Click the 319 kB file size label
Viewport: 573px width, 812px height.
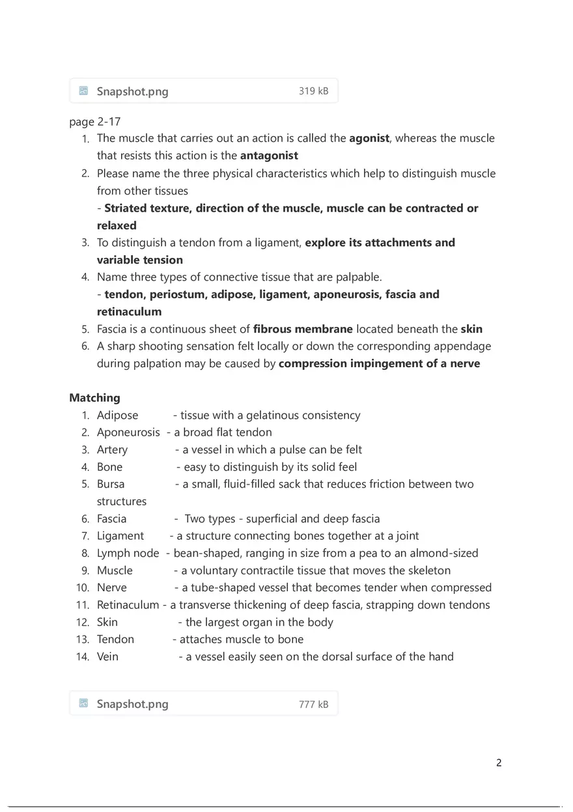tap(313, 91)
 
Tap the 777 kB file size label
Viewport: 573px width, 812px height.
tap(313, 704)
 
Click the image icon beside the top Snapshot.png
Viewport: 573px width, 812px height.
tap(83, 91)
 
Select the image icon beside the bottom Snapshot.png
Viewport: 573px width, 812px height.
tap(83, 703)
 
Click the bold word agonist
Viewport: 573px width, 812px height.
tap(369, 138)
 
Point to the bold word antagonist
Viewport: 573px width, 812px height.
tap(269, 156)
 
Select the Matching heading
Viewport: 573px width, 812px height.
tap(94, 398)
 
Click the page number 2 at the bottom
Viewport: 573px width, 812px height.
tap(499, 763)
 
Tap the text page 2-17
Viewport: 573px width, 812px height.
tap(94, 122)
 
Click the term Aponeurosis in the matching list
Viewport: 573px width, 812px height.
tap(128, 432)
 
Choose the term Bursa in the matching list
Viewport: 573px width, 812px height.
tap(111, 484)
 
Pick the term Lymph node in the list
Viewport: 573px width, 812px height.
tap(128, 553)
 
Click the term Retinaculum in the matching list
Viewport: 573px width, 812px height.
tap(128, 605)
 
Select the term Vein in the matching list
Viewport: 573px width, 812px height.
tap(107, 656)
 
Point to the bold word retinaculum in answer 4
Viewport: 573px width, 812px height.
tap(129, 312)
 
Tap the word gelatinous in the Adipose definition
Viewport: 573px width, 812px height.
tap(272, 415)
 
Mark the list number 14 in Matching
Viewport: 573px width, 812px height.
tap(82, 656)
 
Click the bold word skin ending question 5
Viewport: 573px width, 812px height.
tap(471, 329)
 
